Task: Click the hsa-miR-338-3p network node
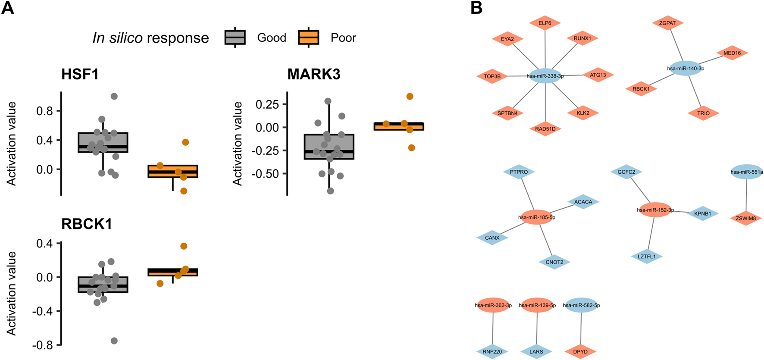(x=545, y=76)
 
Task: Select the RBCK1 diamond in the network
(x=641, y=89)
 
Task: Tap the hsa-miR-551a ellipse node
(x=747, y=172)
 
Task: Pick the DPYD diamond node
(x=580, y=351)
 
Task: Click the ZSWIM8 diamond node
(x=745, y=218)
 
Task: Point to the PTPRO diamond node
(x=519, y=172)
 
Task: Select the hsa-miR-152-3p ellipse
(x=655, y=210)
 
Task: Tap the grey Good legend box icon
(x=235, y=38)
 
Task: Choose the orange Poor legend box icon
(x=309, y=38)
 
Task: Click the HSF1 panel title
(x=80, y=74)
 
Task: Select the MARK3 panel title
(x=314, y=74)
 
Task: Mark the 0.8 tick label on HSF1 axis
(x=44, y=111)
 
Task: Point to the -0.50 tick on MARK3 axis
(x=268, y=174)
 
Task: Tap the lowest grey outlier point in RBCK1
(x=114, y=341)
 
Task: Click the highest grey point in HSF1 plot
(x=114, y=96)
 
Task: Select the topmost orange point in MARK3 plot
(x=410, y=96)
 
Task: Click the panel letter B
(x=476, y=7)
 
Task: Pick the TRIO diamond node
(x=703, y=113)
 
